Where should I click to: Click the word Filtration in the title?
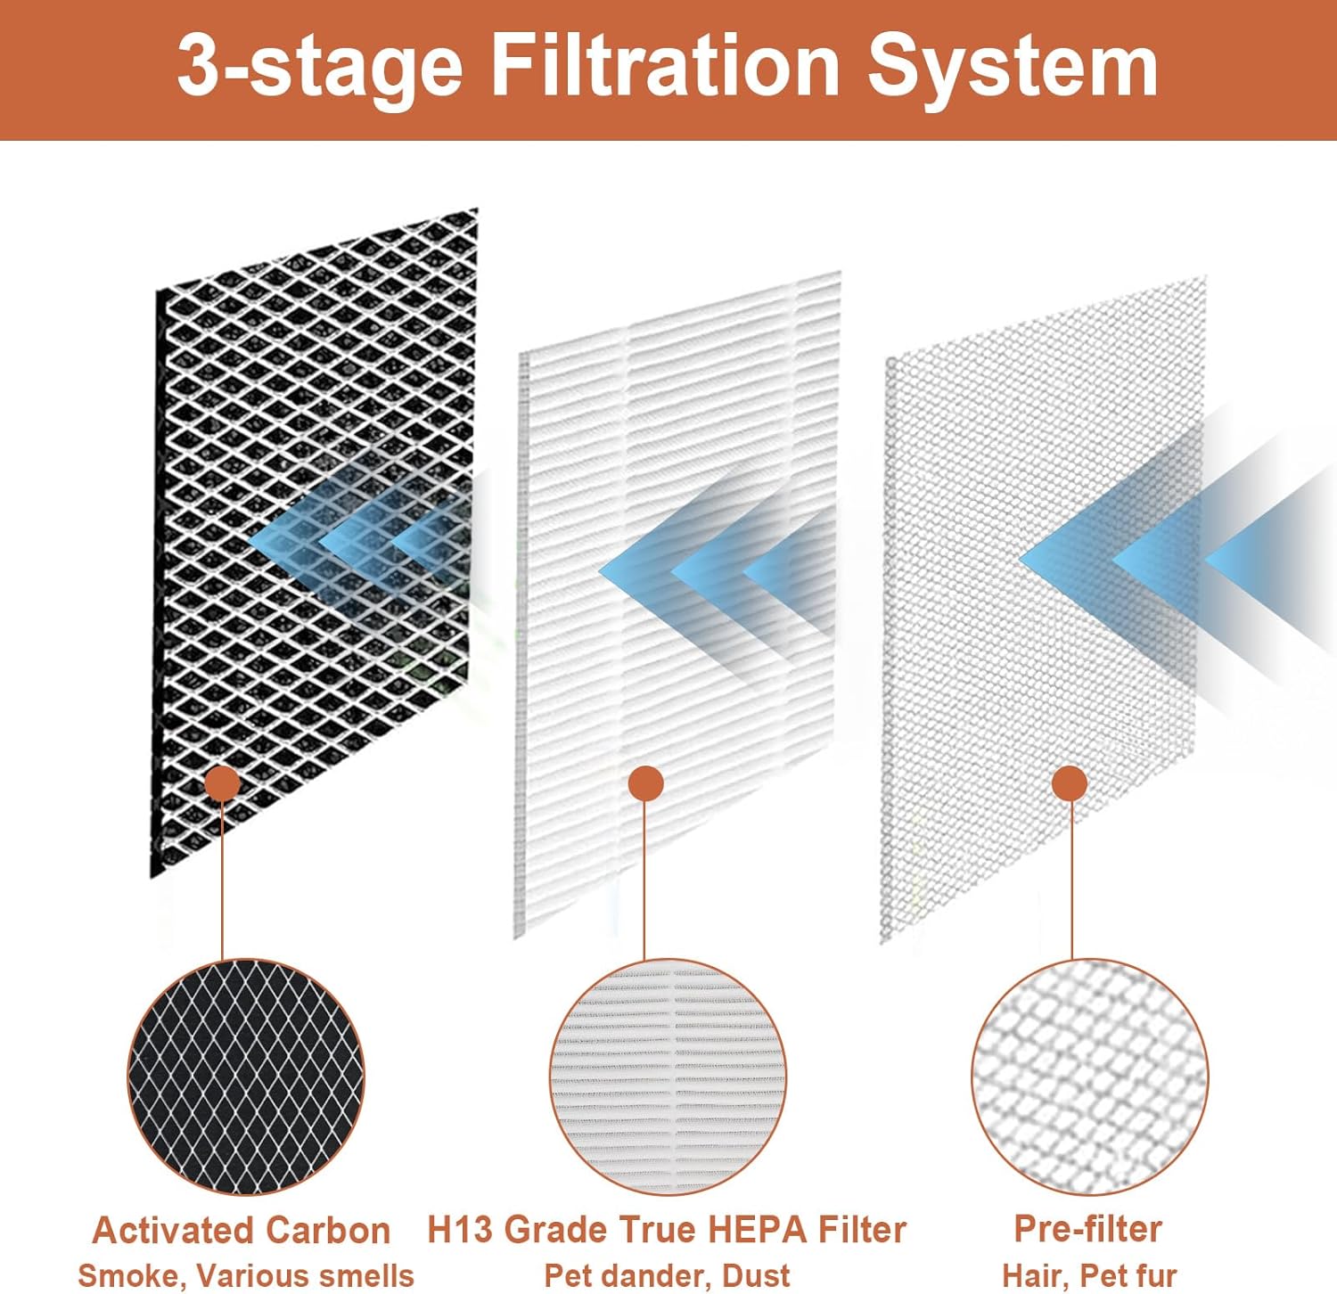click(x=664, y=67)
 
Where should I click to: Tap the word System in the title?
click(x=1013, y=67)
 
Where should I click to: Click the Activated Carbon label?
click(x=242, y=1230)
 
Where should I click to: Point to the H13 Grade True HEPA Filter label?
click(x=666, y=1230)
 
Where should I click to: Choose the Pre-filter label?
click(x=1088, y=1229)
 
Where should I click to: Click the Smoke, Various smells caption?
click(x=246, y=1275)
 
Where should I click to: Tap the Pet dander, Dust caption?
click(x=667, y=1275)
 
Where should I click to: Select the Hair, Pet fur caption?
click(x=1089, y=1275)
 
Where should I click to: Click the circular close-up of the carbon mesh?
click(x=246, y=1077)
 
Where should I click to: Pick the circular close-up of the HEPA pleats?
click(x=668, y=1077)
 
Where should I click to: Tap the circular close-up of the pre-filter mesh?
click(x=1089, y=1077)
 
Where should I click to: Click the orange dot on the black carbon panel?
click(x=222, y=783)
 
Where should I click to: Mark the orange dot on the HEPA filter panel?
click(x=645, y=783)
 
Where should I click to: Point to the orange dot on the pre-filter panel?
click(x=1070, y=783)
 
